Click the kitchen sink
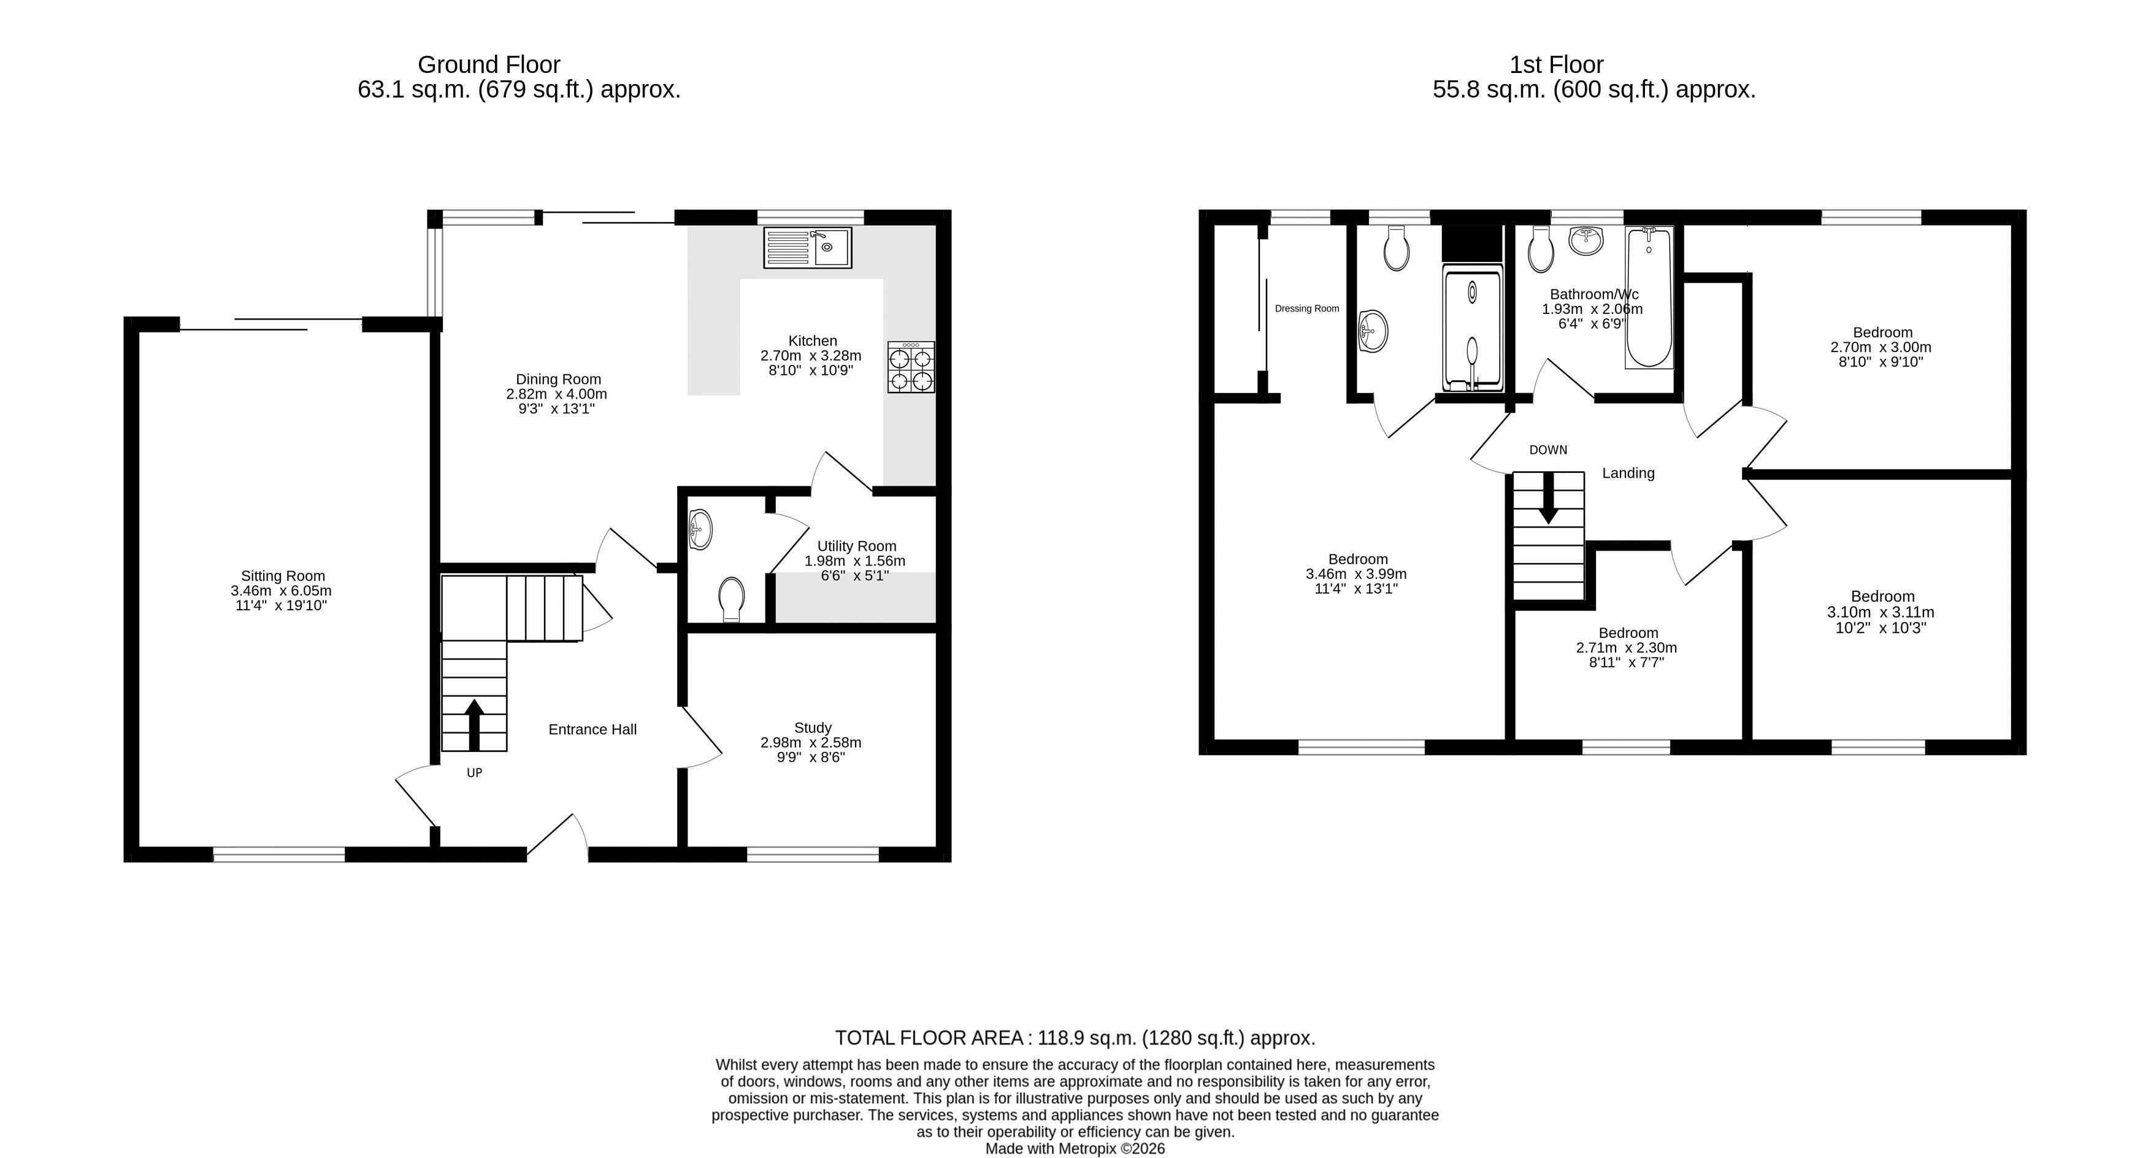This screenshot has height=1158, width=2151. click(x=807, y=247)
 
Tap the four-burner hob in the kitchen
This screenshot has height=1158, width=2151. click(x=911, y=367)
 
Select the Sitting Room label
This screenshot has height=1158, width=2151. click(x=283, y=575)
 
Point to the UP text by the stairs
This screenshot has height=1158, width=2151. click(x=474, y=773)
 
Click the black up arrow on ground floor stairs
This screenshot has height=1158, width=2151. click(x=474, y=725)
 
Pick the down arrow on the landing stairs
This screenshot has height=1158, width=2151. click(x=1548, y=499)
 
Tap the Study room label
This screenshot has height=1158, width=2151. click(x=813, y=727)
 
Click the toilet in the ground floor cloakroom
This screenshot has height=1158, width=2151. click(x=732, y=599)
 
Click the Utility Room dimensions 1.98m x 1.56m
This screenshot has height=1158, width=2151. click(x=854, y=561)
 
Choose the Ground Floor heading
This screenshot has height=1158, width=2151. click(x=488, y=64)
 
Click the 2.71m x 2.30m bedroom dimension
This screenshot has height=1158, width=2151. click(x=1627, y=648)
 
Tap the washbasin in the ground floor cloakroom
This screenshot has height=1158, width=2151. click(x=700, y=529)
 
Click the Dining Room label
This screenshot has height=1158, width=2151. click(x=558, y=379)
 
